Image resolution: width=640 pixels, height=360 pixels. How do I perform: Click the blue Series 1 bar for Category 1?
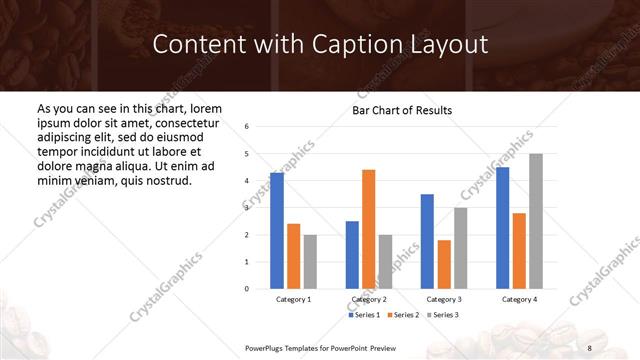(x=277, y=230)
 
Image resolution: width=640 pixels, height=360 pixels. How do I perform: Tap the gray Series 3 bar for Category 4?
(x=535, y=221)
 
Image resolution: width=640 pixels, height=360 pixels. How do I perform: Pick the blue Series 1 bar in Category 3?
(x=427, y=241)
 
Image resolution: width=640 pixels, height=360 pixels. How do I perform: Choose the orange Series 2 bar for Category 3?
(x=444, y=264)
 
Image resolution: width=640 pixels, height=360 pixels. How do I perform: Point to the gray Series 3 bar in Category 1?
(x=310, y=261)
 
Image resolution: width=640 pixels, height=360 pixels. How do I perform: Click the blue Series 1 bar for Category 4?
(x=502, y=227)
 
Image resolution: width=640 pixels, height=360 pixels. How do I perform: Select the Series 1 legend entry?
(x=365, y=315)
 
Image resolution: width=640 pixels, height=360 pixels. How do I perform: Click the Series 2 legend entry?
(x=404, y=315)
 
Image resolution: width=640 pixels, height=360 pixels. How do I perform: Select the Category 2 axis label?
(x=369, y=300)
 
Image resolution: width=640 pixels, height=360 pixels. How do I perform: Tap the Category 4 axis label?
(x=519, y=300)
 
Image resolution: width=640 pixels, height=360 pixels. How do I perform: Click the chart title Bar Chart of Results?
(x=403, y=110)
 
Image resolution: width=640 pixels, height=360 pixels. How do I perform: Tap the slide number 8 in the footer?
(x=589, y=347)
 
